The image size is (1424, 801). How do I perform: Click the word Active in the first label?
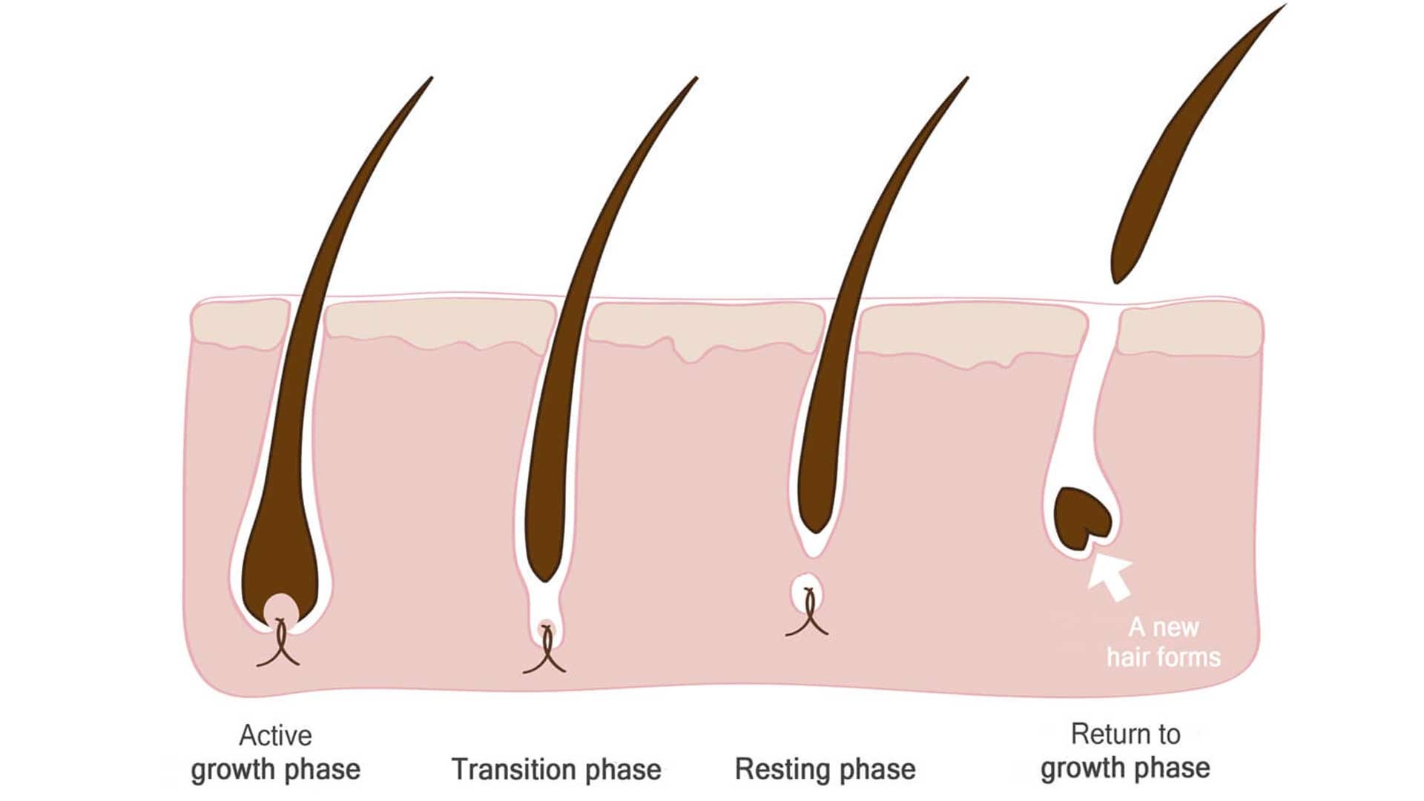point(275,736)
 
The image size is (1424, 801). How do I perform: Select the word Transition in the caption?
point(518,770)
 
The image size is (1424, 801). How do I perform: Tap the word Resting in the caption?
point(782,769)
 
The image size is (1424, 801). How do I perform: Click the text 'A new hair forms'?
point(1163,642)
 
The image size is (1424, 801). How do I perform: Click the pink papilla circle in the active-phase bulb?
point(281,610)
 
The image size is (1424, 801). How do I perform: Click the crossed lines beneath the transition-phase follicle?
point(545,653)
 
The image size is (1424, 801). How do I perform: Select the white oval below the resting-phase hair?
point(807,592)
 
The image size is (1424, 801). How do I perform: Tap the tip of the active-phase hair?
point(430,79)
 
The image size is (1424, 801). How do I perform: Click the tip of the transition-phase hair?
point(696,79)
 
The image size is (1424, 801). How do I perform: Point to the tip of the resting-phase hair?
point(966,79)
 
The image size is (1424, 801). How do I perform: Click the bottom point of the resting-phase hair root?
point(815,530)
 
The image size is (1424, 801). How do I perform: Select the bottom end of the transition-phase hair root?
point(545,578)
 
